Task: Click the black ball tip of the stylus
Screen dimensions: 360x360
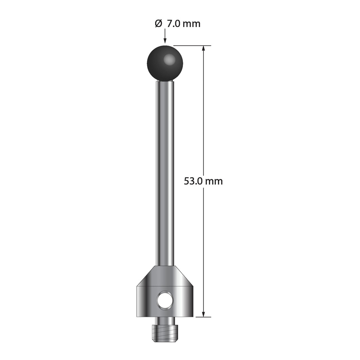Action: click(x=165, y=63)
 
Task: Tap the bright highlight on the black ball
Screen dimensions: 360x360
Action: click(x=169, y=60)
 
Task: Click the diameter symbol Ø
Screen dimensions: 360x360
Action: click(x=158, y=23)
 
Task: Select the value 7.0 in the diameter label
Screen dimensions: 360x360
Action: click(x=174, y=24)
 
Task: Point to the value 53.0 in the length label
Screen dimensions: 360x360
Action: click(x=193, y=181)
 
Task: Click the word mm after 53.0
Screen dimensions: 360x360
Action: click(x=214, y=182)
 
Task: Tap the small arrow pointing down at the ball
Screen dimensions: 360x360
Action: click(x=165, y=37)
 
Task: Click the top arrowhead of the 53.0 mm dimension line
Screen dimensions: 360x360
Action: click(x=203, y=49)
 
